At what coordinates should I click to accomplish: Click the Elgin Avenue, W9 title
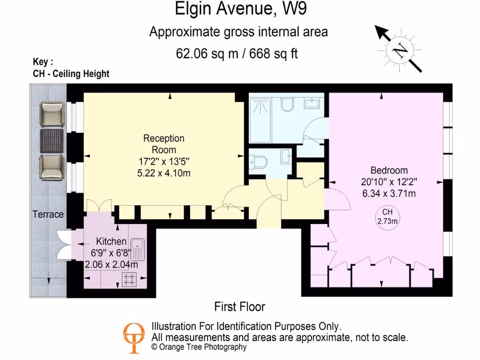(x=241, y=8)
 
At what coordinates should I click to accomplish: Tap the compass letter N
(x=400, y=50)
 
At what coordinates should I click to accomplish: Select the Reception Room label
(x=164, y=144)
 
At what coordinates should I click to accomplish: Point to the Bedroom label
(x=389, y=170)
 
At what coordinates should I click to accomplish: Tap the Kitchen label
(x=111, y=241)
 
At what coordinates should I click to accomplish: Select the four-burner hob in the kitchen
(x=129, y=280)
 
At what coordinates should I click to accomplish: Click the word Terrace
(x=48, y=214)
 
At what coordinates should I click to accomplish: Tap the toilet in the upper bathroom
(x=287, y=104)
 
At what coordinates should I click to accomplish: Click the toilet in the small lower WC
(x=258, y=162)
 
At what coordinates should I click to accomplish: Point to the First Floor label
(x=240, y=307)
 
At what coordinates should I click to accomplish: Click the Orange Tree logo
(x=134, y=337)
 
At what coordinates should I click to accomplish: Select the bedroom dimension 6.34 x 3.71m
(x=389, y=193)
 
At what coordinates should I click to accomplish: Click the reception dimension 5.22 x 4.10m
(x=164, y=173)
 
